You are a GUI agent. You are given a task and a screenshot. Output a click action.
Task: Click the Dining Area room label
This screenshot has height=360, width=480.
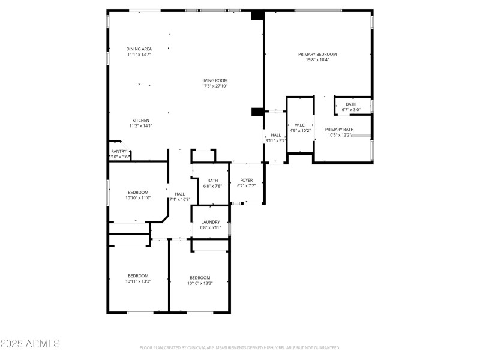(x=139, y=49)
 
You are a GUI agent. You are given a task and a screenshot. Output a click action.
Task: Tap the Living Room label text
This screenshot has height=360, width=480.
(x=214, y=80)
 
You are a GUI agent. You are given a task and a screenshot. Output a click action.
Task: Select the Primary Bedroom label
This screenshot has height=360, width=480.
(x=317, y=54)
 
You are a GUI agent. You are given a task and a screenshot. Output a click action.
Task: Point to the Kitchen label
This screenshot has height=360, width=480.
(x=140, y=120)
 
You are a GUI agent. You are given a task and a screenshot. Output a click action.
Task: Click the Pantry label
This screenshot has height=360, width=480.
(x=119, y=151)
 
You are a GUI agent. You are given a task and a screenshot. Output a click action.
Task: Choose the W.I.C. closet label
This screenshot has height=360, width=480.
(x=300, y=125)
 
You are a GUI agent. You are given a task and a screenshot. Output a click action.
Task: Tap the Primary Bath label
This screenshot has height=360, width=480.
(x=340, y=130)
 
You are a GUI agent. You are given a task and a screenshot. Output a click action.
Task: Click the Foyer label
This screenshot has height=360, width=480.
(x=247, y=180)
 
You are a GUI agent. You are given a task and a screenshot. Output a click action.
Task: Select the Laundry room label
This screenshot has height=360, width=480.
(x=210, y=222)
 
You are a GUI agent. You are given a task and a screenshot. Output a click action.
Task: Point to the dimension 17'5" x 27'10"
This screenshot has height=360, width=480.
(x=214, y=86)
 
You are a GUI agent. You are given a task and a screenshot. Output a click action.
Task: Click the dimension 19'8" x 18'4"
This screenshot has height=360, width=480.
(x=317, y=59)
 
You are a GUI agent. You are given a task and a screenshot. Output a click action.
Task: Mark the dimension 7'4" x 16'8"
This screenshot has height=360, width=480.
(x=180, y=199)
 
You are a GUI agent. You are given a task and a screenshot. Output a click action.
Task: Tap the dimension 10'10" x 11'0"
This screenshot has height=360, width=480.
(x=138, y=197)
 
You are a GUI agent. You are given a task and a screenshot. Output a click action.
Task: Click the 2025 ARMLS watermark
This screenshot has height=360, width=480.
(x=30, y=344)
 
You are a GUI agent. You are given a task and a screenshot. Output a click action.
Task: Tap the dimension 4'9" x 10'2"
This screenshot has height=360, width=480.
(x=300, y=130)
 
